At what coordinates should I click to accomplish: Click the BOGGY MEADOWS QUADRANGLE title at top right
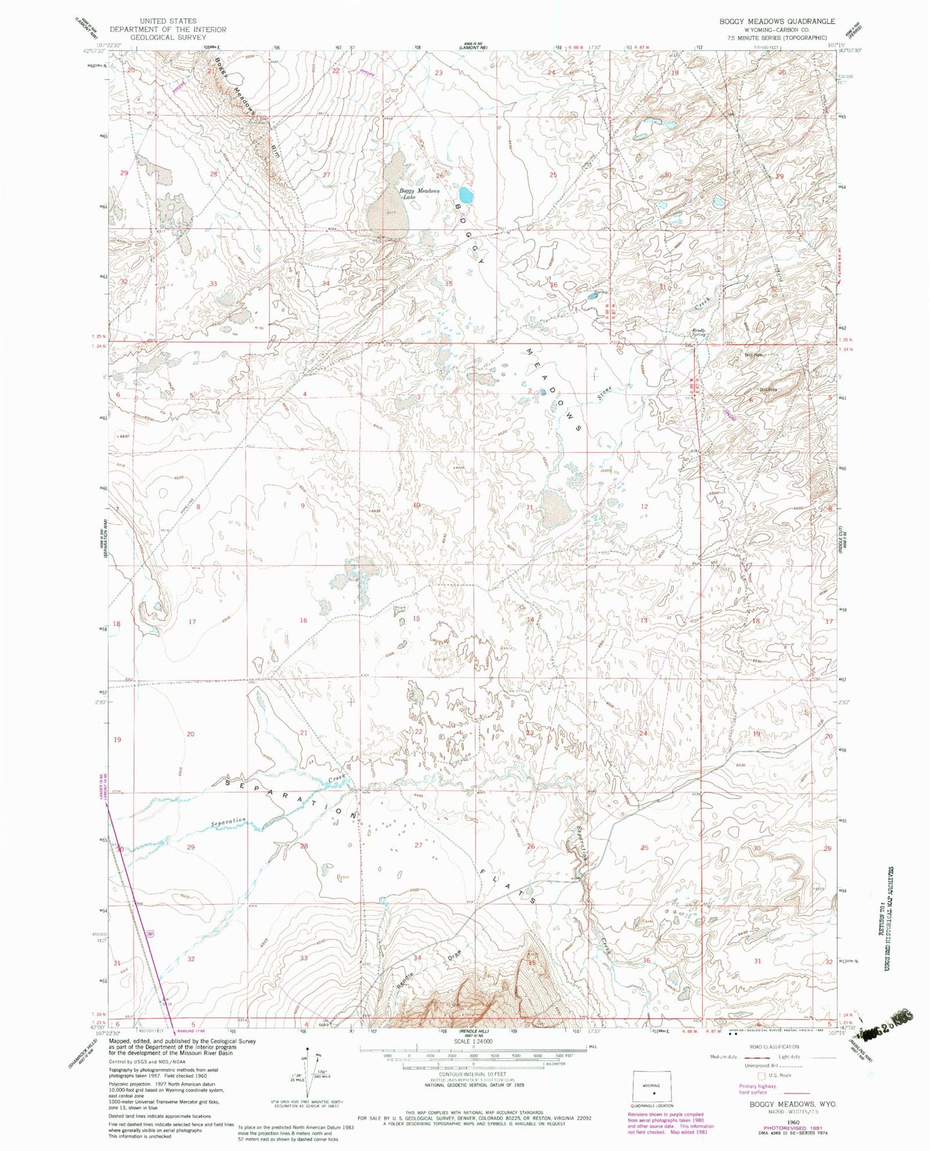777,21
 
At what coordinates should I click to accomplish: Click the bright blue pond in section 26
465,194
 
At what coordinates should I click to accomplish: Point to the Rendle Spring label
699,333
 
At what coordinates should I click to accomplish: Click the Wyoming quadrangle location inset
653,1090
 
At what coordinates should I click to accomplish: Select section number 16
303,620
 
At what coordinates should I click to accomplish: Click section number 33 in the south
304,958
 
